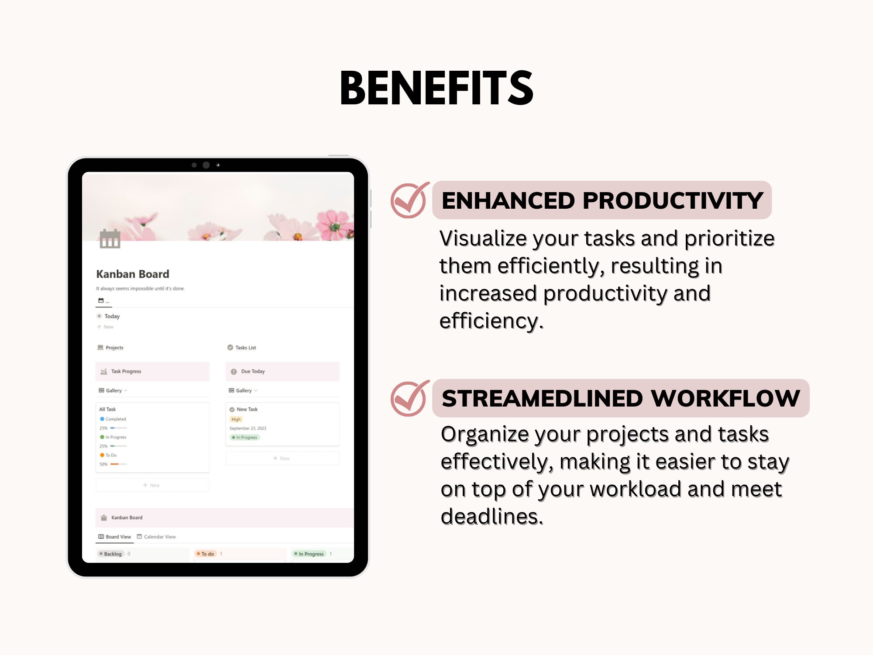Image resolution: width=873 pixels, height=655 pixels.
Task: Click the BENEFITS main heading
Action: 436,88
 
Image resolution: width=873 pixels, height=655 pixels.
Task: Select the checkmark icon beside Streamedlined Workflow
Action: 409,399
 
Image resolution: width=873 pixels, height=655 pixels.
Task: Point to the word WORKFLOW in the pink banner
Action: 725,398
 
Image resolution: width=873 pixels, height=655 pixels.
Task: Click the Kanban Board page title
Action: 133,274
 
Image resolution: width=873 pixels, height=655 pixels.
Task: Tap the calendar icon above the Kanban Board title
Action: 110,238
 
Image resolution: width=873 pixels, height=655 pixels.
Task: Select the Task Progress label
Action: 126,372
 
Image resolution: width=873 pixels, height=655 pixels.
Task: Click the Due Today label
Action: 253,372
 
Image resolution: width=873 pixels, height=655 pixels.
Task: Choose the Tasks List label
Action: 245,348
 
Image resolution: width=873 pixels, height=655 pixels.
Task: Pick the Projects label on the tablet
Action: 114,348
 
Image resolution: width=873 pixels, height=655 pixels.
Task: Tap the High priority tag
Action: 236,419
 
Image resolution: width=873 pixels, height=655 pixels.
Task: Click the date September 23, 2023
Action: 247,428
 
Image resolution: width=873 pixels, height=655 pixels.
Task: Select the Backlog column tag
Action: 112,554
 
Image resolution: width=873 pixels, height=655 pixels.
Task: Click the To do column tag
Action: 207,554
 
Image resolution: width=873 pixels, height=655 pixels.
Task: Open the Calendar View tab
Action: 159,537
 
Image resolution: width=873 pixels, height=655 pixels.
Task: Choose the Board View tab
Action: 118,537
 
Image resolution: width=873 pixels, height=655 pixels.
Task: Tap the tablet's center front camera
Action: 206,165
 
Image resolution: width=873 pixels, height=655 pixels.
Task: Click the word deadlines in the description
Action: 491,517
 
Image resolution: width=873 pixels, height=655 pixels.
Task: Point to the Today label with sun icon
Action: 112,317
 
